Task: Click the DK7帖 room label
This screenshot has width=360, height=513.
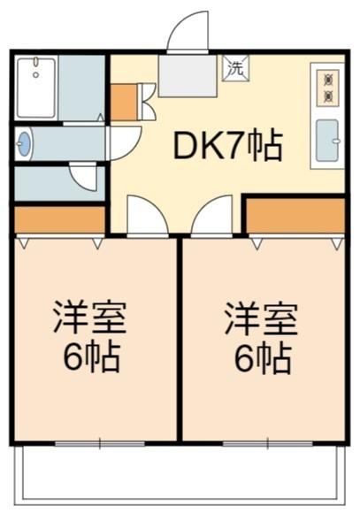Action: click(227, 145)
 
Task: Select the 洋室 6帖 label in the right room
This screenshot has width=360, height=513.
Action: click(262, 338)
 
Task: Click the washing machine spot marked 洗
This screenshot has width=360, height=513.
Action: click(236, 68)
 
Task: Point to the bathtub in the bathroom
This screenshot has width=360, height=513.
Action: click(36, 88)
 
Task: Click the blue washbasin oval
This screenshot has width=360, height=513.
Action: click(24, 143)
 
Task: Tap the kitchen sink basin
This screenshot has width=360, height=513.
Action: click(327, 141)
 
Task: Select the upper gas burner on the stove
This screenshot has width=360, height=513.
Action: click(328, 80)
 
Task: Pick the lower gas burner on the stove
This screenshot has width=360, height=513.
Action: click(328, 96)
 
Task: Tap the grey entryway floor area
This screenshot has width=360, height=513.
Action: click(188, 75)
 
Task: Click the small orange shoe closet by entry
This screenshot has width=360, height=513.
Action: click(124, 103)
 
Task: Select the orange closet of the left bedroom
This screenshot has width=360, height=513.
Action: click(60, 219)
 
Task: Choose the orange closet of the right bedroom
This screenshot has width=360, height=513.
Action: click(295, 216)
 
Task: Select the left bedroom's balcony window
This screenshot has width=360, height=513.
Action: click(100, 444)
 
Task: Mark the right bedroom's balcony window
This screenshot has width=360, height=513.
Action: click(268, 444)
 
